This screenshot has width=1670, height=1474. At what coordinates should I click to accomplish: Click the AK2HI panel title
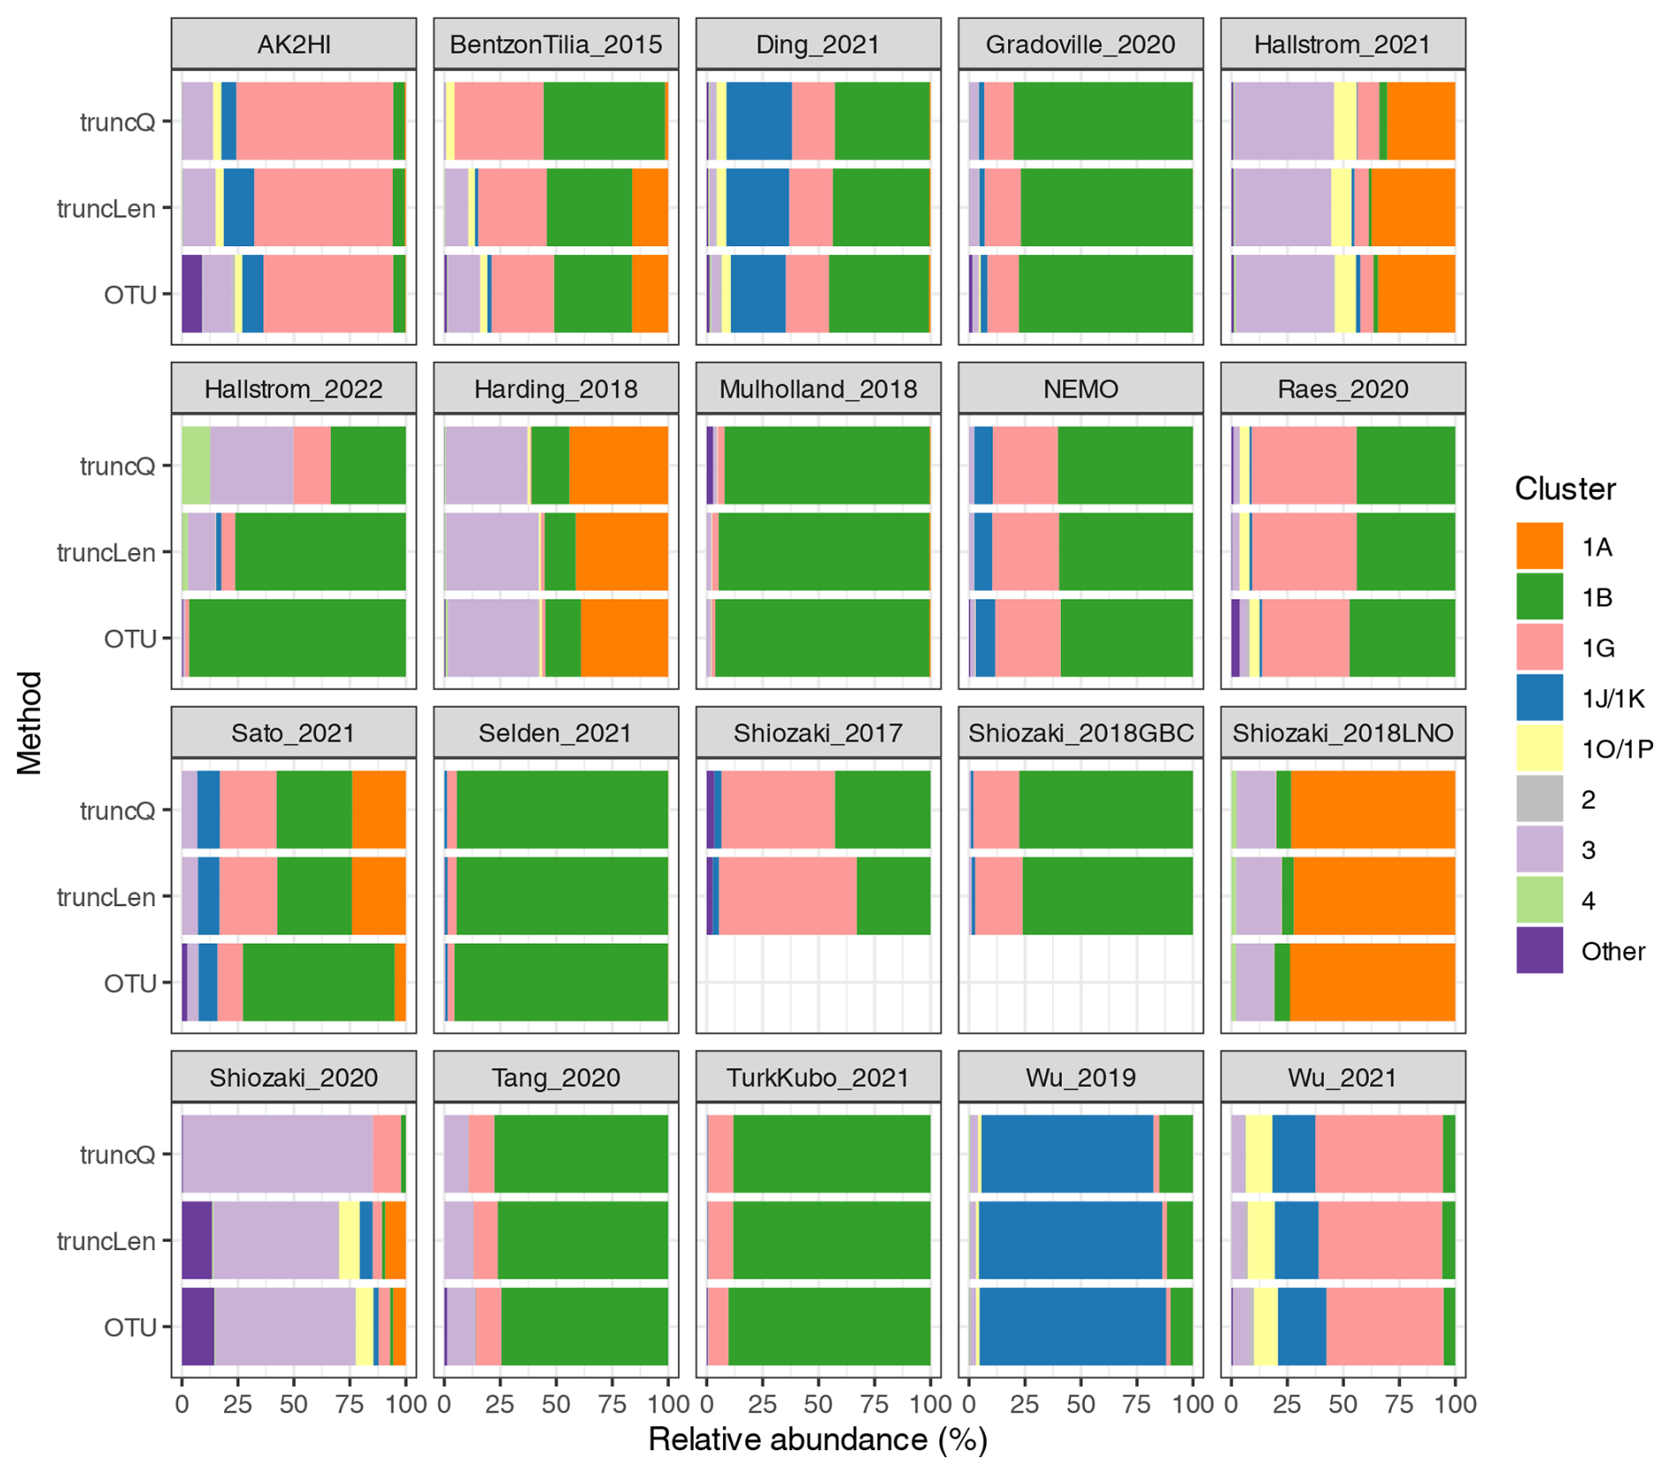click(293, 44)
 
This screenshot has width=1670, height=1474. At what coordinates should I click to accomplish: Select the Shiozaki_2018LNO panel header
click(1342, 733)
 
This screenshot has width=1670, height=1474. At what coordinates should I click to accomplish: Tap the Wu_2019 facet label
click(1079, 1077)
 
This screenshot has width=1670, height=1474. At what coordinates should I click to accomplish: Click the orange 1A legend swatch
click(1539, 547)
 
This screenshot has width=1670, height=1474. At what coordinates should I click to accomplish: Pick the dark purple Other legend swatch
click(1539, 951)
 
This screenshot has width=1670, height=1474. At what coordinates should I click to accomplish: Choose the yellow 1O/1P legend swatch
click(1539, 749)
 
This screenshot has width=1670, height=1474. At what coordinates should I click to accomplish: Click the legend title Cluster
click(1564, 489)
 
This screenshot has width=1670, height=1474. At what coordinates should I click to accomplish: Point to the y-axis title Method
click(30, 723)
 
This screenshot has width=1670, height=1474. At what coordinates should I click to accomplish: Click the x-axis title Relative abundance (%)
click(817, 1440)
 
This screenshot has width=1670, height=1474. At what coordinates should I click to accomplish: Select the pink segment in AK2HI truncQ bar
click(314, 121)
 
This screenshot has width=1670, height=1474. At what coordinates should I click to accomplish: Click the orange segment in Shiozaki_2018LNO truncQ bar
click(1373, 810)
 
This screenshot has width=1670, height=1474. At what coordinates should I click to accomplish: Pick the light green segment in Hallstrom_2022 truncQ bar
click(195, 466)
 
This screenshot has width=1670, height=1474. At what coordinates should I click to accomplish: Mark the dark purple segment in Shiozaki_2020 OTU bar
click(198, 1327)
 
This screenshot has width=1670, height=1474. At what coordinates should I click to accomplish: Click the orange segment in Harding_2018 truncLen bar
click(621, 552)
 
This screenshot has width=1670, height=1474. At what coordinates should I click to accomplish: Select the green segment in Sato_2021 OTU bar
click(318, 983)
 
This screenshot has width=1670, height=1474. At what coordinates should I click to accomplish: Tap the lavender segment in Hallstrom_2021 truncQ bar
click(1283, 121)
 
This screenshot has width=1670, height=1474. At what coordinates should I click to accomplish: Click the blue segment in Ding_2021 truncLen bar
click(756, 207)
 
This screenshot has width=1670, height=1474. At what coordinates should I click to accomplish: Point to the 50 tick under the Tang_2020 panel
click(556, 1404)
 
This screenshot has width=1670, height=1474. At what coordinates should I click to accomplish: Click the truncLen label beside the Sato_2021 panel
click(106, 897)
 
